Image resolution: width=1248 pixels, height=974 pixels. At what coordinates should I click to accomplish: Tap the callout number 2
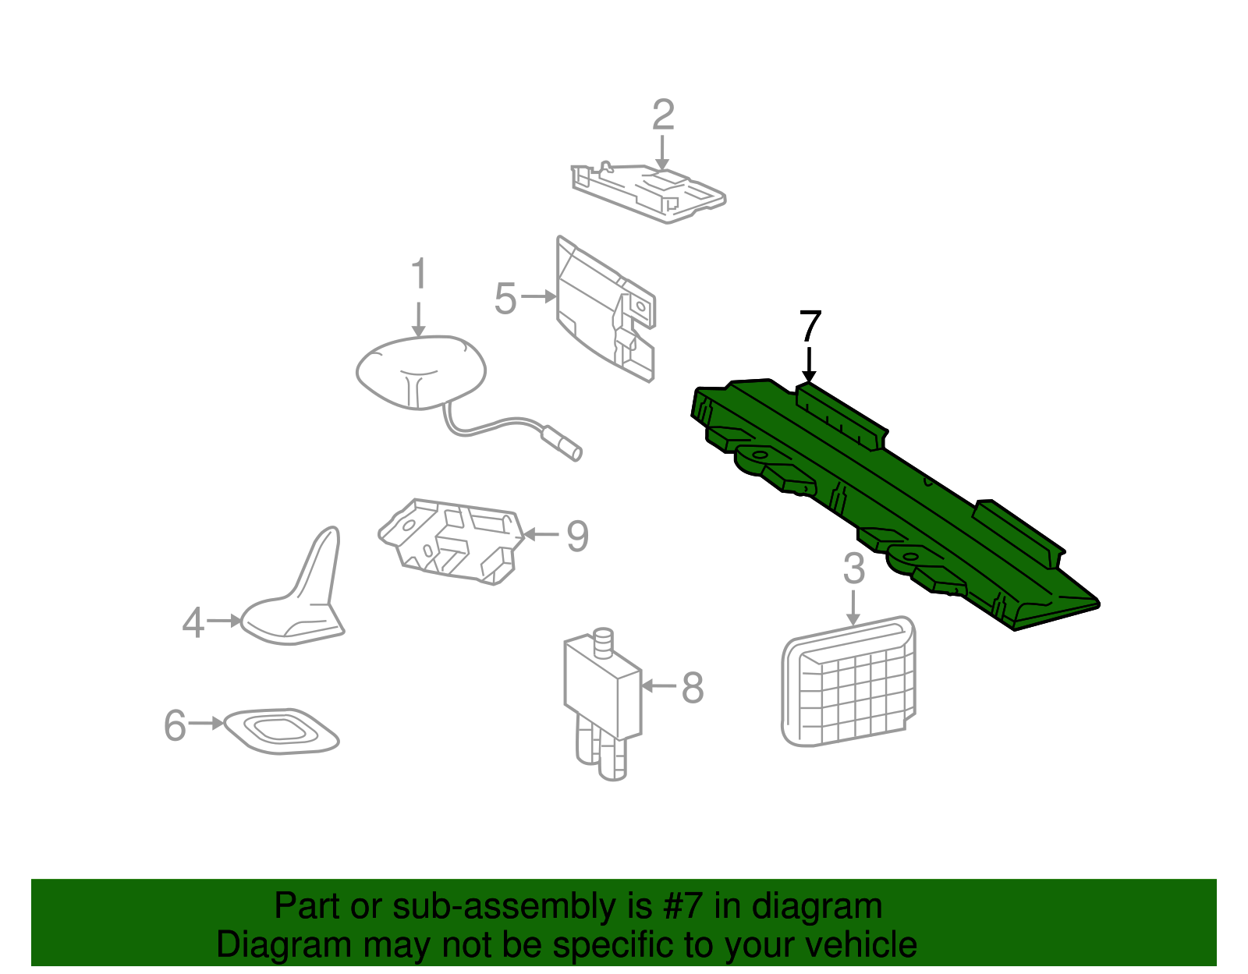[663, 115]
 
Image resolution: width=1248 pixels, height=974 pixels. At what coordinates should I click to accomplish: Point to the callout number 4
[193, 623]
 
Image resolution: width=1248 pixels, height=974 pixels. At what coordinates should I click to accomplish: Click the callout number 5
[505, 299]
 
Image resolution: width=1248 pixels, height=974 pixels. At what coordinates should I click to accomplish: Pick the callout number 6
[175, 725]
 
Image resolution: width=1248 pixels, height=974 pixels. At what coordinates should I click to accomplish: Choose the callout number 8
[692, 687]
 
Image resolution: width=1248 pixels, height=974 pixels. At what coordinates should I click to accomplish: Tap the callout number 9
[577, 536]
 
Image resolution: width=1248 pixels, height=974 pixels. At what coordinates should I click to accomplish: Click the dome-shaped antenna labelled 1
[421, 372]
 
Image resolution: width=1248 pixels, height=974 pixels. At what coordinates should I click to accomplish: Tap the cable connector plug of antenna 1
[562, 442]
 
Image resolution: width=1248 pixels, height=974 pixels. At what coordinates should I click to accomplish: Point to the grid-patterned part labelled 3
[849, 682]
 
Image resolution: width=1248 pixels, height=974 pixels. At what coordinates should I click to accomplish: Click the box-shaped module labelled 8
[603, 703]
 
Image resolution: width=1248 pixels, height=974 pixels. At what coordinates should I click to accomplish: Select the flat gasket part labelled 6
[281, 731]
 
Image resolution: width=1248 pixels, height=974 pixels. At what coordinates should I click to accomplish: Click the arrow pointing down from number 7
[809, 364]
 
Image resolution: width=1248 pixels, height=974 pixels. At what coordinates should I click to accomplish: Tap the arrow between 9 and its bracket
[541, 534]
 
